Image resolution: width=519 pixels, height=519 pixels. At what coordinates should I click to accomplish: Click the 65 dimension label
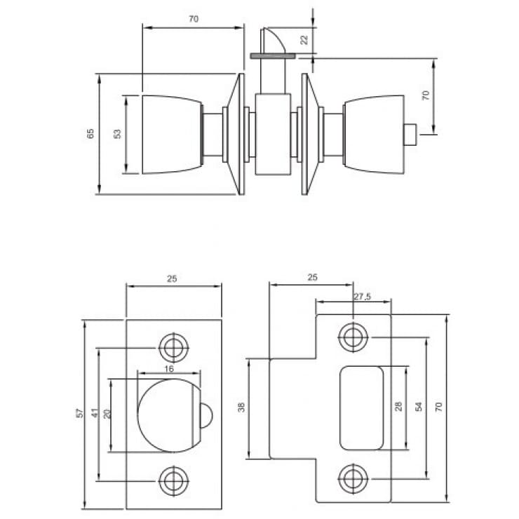point(90,133)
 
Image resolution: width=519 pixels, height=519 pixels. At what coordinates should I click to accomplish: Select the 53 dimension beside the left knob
point(118,133)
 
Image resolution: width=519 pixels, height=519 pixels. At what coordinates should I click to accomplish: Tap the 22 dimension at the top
point(304,39)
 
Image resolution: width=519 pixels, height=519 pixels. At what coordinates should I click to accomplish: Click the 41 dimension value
point(93,414)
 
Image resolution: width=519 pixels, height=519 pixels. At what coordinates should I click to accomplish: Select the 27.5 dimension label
point(362,297)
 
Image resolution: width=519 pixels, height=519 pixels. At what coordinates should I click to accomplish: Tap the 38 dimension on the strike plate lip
point(241,407)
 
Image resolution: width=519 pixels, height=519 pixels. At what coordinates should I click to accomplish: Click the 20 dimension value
point(107,414)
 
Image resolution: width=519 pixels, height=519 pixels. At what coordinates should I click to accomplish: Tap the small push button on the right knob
point(414,133)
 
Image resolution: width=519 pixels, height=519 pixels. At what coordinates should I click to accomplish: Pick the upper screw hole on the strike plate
point(351,337)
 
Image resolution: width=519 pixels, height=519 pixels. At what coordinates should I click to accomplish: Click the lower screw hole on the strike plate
point(351,479)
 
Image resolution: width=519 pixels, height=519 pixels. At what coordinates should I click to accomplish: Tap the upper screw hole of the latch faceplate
point(170,346)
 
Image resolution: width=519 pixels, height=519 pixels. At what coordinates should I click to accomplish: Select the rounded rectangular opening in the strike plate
point(361,407)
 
